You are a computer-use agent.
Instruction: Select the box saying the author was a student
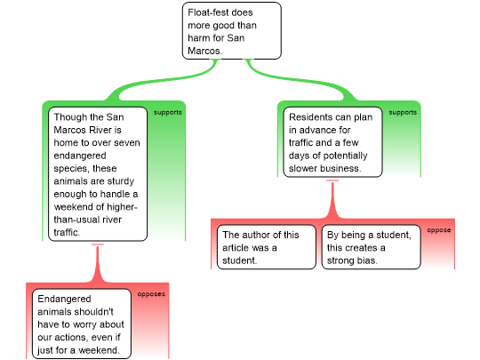click(267, 247)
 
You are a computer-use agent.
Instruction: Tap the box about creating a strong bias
click(371, 247)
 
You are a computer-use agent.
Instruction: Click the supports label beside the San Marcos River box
click(168, 112)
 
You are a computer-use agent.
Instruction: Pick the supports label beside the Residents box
click(403, 112)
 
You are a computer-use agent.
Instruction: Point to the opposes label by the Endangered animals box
click(151, 294)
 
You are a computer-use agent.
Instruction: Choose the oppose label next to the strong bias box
click(439, 230)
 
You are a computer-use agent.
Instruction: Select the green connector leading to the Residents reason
click(301, 80)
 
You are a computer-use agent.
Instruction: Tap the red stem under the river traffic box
click(98, 263)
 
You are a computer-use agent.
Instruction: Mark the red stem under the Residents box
click(332, 199)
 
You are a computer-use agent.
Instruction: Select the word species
click(70, 169)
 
